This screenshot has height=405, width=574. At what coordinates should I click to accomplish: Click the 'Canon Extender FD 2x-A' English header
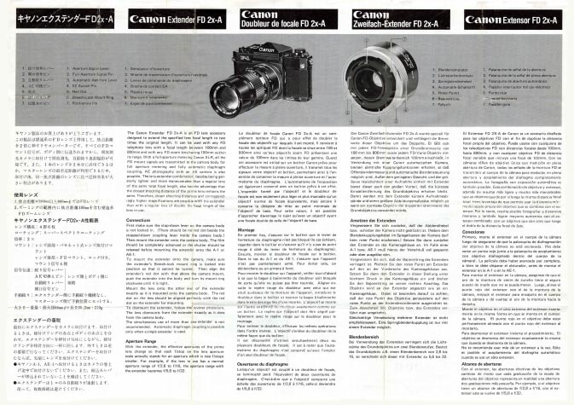tap(171, 17)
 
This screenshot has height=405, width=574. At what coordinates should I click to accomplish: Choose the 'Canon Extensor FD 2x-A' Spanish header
tap(513, 17)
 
